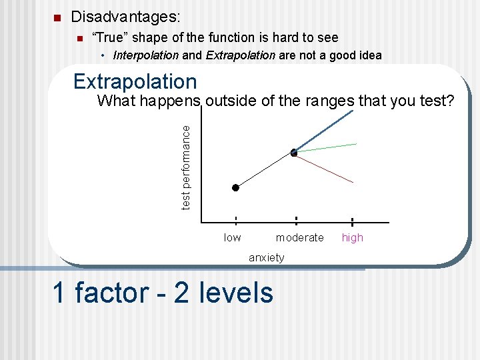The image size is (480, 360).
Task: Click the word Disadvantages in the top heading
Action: click(x=125, y=15)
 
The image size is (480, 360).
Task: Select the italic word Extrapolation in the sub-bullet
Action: click(x=240, y=55)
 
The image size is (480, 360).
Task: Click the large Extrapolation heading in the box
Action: click(x=135, y=81)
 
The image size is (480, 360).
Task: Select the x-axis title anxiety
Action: click(x=266, y=257)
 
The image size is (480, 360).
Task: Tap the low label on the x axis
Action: click(x=232, y=238)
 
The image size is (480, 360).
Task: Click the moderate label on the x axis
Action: click(x=299, y=238)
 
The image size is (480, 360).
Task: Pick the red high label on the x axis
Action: click(x=352, y=238)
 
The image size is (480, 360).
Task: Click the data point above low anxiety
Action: click(x=235, y=188)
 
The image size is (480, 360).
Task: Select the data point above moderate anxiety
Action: click(x=294, y=153)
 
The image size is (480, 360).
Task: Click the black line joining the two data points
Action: click(x=264, y=171)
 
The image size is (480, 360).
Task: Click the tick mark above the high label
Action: click(x=351, y=222)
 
